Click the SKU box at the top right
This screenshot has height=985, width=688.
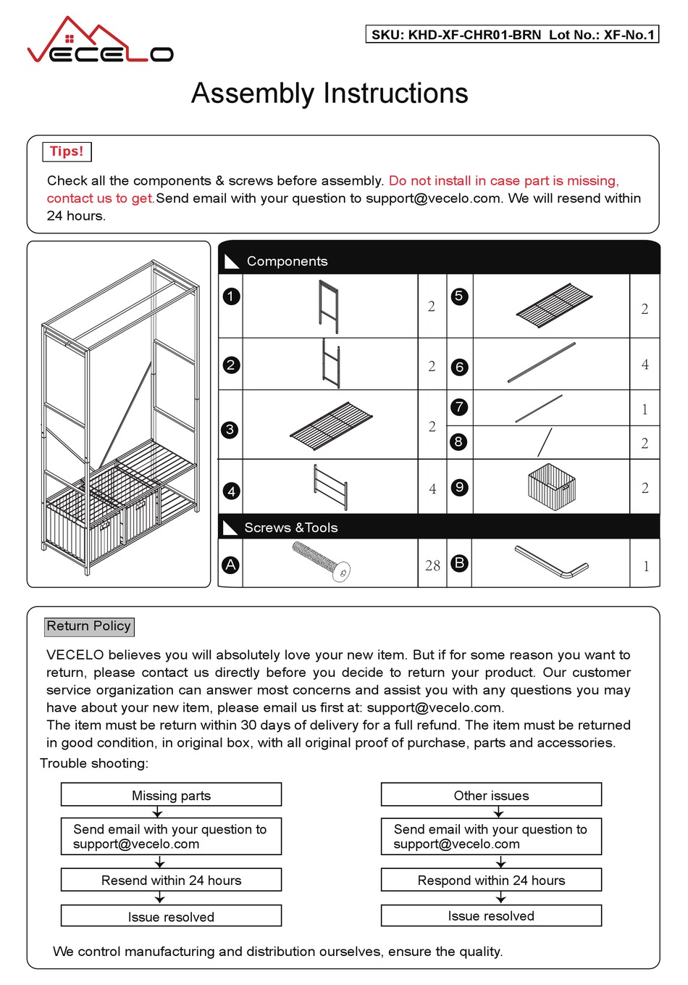tap(513, 34)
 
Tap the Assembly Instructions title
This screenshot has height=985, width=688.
tap(330, 93)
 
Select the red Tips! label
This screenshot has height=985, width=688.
tap(67, 151)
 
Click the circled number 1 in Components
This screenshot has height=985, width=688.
tap(231, 296)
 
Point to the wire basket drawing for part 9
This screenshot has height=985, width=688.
tap(552, 485)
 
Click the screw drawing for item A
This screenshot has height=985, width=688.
tap(322, 561)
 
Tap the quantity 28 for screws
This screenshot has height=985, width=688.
tap(432, 565)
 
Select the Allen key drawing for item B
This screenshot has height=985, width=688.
tap(552, 562)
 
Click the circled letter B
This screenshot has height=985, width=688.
tap(458, 562)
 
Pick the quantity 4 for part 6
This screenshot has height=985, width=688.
tap(645, 365)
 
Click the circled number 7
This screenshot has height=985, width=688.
tap(458, 407)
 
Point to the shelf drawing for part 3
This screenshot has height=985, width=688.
tap(331, 424)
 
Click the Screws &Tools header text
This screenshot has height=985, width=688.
tap(291, 528)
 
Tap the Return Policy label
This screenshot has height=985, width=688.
tap(89, 626)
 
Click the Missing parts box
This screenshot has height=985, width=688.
tap(171, 795)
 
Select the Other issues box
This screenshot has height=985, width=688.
tap(491, 795)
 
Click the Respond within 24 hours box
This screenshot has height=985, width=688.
tap(491, 880)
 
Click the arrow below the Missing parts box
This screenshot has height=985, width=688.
tap(158, 812)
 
